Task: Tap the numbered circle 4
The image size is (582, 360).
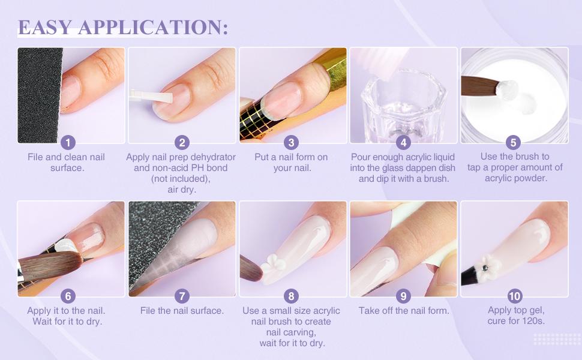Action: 403,142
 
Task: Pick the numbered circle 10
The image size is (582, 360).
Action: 514,296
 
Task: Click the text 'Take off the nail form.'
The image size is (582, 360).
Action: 403,311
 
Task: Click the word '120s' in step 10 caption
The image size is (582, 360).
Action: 533,322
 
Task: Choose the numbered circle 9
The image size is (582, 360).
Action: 403,296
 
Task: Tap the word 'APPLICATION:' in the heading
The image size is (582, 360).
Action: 153,27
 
